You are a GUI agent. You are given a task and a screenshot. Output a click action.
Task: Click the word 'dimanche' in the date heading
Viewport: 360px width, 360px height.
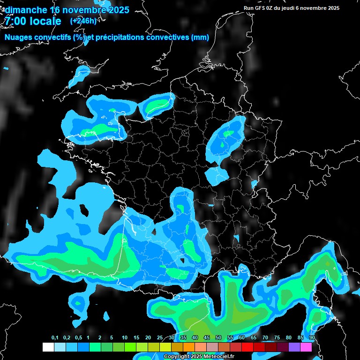pyautogui.click(x=26, y=10)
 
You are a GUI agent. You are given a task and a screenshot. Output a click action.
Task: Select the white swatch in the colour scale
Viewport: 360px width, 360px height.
pyautogui.click(x=48, y=347)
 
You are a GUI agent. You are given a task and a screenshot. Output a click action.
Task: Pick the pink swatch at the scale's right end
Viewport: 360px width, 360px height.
pyautogui.click(x=306, y=347)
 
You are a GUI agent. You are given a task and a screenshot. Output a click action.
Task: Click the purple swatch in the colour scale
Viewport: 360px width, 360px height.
pyautogui.click(x=294, y=347)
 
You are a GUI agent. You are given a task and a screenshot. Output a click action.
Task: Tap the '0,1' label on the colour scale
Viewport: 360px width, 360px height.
pyautogui.click(x=55, y=338)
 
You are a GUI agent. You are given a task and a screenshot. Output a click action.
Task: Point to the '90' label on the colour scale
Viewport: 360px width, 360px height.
pyautogui.click(x=312, y=338)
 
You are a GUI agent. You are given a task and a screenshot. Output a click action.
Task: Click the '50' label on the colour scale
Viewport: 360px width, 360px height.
pyautogui.click(x=218, y=338)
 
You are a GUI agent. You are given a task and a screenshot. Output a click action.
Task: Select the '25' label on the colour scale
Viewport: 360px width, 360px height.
pyautogui.click(x=160, y=338)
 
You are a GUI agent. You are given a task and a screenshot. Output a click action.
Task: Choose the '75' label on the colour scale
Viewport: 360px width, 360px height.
pyautogui.click(x=277, y=338)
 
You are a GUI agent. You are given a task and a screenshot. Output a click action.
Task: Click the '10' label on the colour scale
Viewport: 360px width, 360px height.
pyautogui.click(x=125, y=338)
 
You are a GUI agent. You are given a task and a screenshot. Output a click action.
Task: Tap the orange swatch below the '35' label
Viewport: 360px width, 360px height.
pyautogui.click(x=189, y=347)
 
